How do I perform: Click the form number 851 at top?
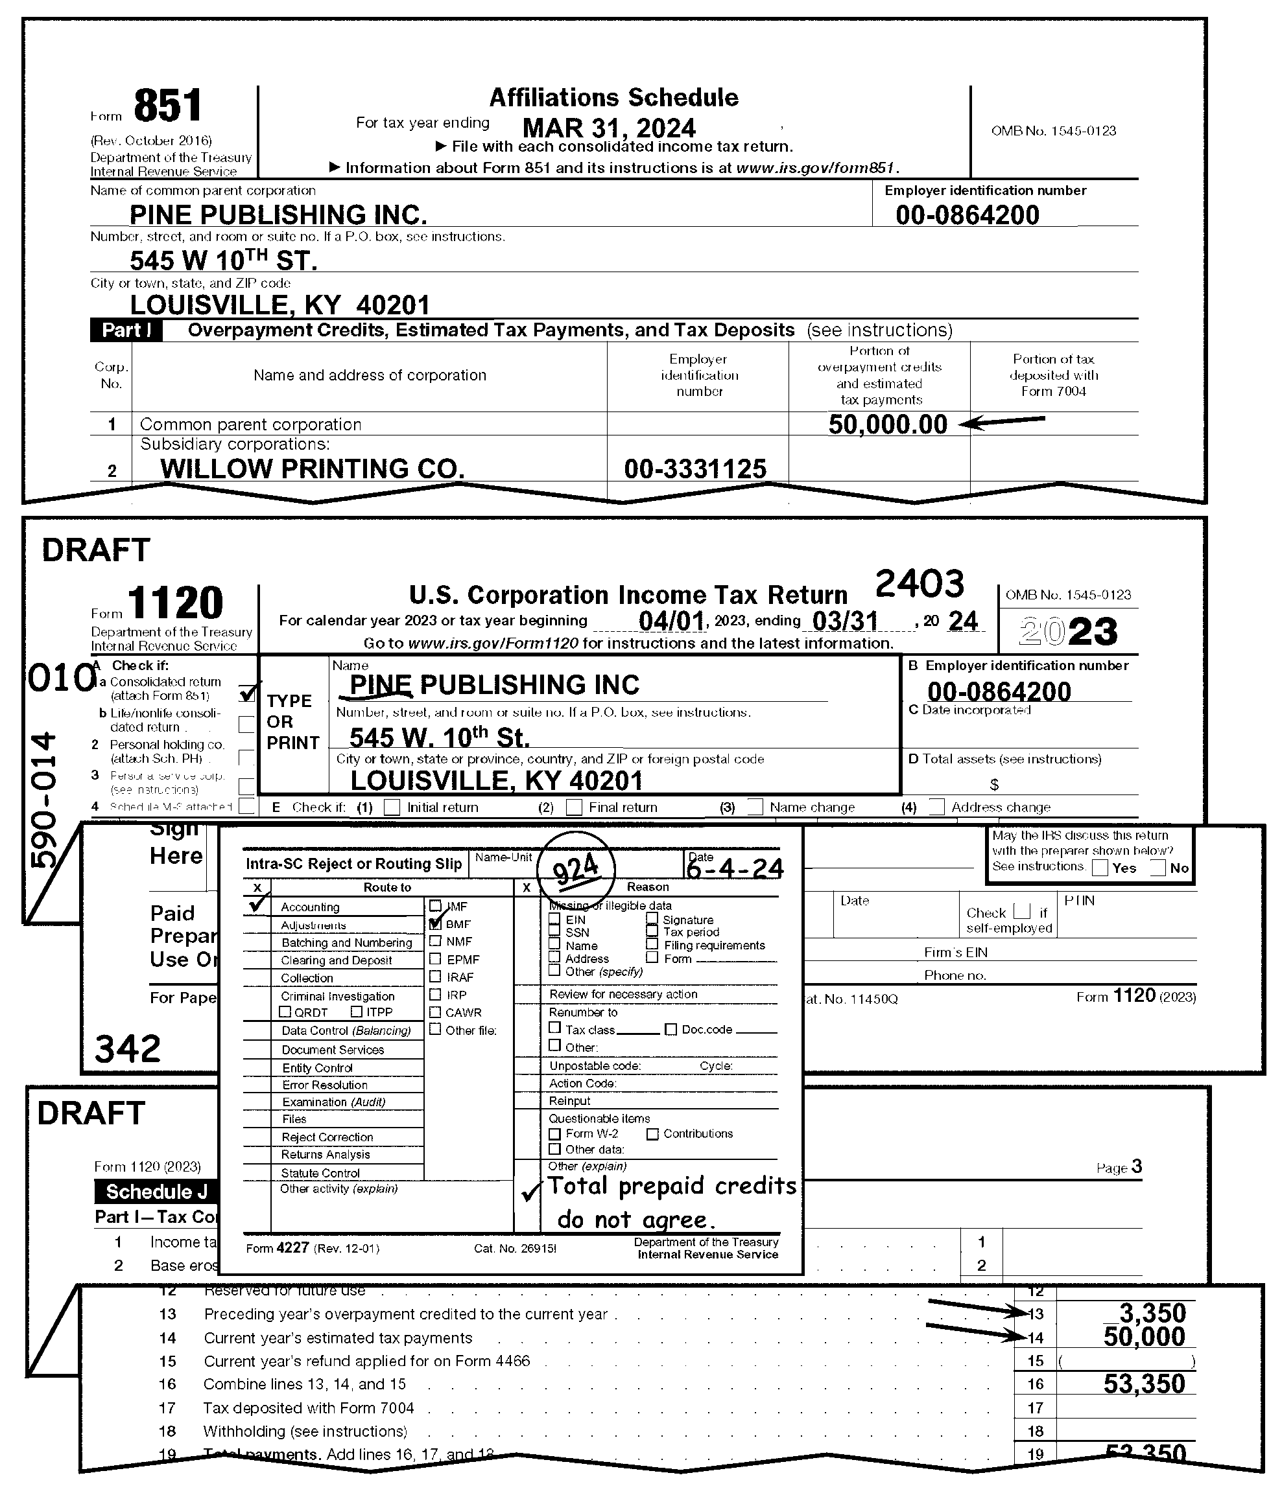(x=167, y=107)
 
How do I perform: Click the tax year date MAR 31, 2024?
(x=608, y=128)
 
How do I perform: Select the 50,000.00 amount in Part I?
(x=887, y=424)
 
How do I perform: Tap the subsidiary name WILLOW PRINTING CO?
(x=312, y=469)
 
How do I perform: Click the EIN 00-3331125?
(x=695, y=469)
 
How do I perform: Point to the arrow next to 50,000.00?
(x=1005, y=421)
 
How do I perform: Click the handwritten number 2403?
(x=919, y=583)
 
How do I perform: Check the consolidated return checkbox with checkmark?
(x=247, y=693)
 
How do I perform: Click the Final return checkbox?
(x=574, y=807)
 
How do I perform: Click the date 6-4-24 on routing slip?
(x=734, y=868)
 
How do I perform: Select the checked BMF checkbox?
(x=435, y=923)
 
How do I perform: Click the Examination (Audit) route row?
(x=333, y=1102)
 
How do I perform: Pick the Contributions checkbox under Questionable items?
(x=652, y=1133)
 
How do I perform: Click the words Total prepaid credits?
(x=671, y=1185)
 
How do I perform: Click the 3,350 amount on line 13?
(x=1152, y=1312)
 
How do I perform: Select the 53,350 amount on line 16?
(x=1144, y=1383)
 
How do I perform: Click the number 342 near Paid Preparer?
(x=128, y=1049)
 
